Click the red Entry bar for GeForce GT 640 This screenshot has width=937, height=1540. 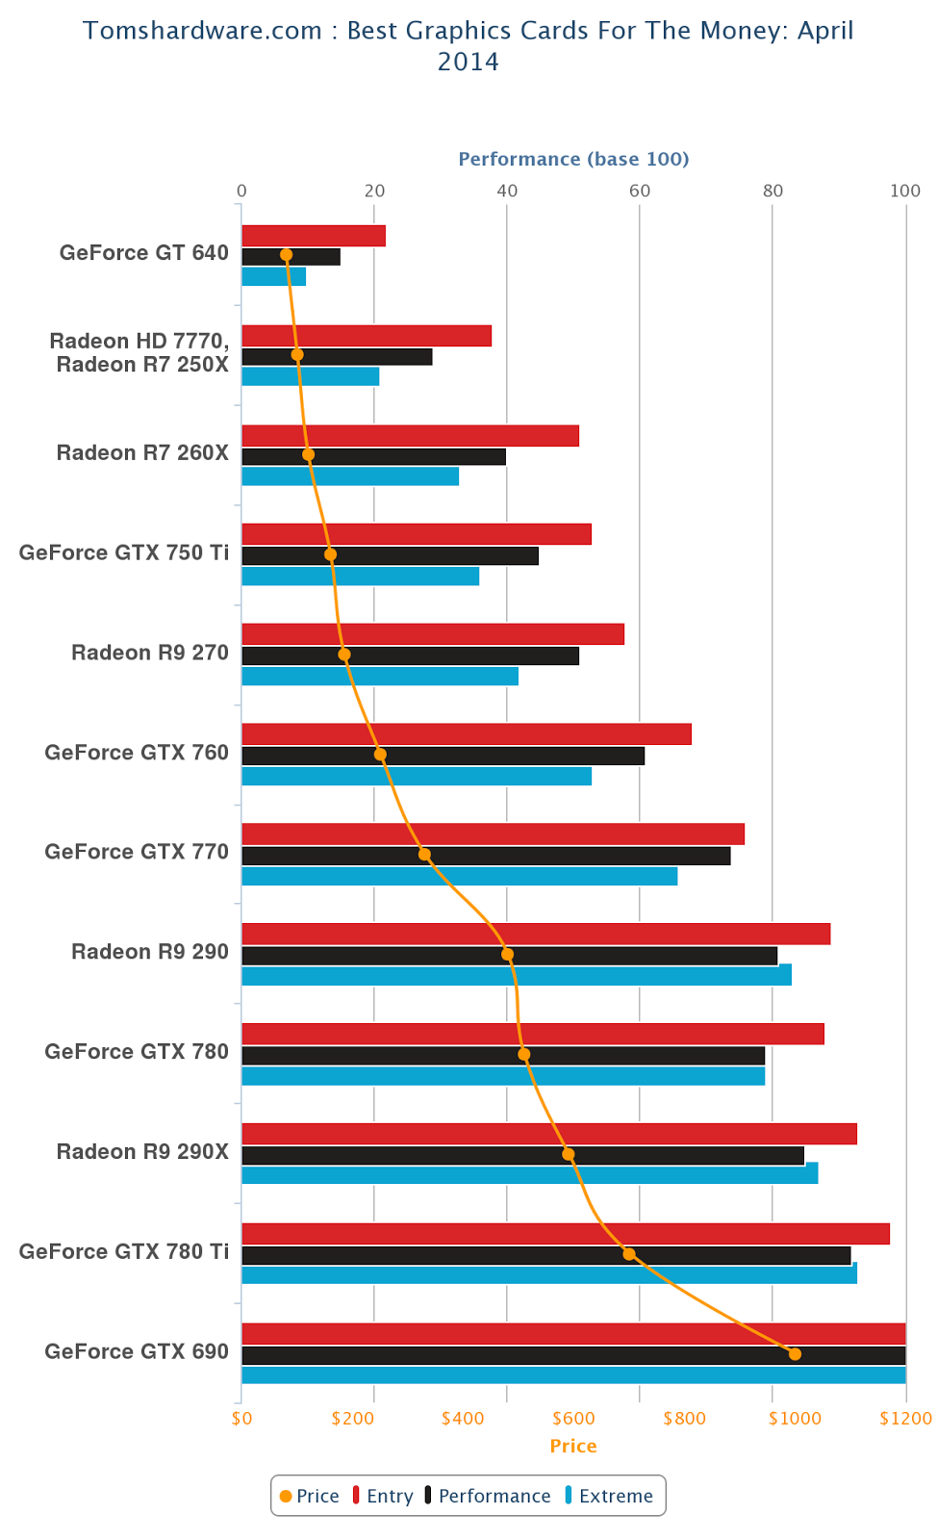314,236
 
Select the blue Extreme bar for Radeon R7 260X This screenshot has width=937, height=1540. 350,476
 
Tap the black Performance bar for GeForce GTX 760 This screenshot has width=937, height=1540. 443,756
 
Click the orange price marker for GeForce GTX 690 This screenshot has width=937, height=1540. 795,1353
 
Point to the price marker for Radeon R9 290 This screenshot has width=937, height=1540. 507,954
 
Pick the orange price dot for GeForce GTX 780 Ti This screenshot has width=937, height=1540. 628,1254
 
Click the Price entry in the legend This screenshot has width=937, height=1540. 310,1496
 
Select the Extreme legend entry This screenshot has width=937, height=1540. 609,1496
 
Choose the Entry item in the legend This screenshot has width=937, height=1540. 383,1496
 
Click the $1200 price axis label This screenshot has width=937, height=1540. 905,1419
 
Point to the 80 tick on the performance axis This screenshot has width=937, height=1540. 772,191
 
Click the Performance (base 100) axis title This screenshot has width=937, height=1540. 573,159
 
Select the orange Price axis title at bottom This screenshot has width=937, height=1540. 573,1446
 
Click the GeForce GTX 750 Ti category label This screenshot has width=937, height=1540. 124,552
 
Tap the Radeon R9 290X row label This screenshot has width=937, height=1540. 142,1151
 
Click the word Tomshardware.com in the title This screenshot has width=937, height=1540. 202,31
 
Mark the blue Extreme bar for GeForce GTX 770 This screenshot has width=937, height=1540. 460,876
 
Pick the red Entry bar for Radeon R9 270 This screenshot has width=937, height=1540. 433,634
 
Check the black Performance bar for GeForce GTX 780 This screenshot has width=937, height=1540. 503,1055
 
